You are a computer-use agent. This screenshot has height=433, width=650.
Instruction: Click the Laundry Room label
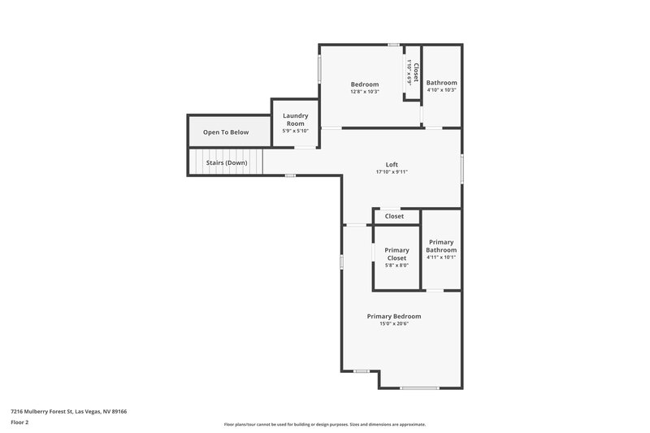coord(295,119)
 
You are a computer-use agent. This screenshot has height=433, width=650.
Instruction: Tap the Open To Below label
coord(226,132)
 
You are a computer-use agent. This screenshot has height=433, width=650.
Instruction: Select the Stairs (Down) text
coord(227,162)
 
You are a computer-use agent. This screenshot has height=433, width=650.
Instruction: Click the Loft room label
coord(392,164)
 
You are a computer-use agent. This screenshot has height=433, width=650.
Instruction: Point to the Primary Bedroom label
coord(394,316)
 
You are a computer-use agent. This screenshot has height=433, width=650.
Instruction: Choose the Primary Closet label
coord(396,254)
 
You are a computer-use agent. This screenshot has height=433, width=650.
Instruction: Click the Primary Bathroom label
coord(441,246)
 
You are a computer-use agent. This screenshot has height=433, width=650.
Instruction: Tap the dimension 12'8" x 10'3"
coord(365,92)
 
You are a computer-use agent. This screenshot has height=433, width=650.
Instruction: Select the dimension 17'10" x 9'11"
coord(392,172)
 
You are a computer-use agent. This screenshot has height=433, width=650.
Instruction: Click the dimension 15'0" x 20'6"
coord(394,324)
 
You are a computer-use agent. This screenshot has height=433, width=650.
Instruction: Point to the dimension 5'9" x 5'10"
coord(295,131)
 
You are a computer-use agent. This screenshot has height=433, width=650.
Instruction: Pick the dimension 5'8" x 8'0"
coord(396,266)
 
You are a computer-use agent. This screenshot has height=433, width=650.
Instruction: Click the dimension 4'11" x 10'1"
coord(441,258)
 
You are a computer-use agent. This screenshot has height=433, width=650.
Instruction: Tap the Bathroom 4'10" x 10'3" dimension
coord(442,90)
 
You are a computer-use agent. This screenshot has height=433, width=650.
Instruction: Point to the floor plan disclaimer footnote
coord(324,424)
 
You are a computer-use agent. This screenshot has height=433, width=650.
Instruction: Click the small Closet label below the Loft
coord(394,216)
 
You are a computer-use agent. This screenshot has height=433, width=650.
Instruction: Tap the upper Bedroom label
coord(365,84)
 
